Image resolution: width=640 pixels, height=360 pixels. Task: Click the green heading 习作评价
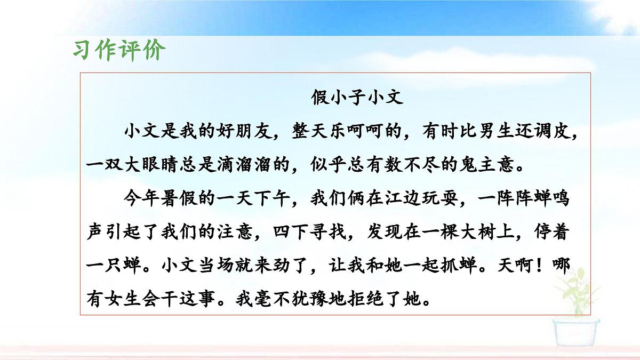(119, 50)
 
